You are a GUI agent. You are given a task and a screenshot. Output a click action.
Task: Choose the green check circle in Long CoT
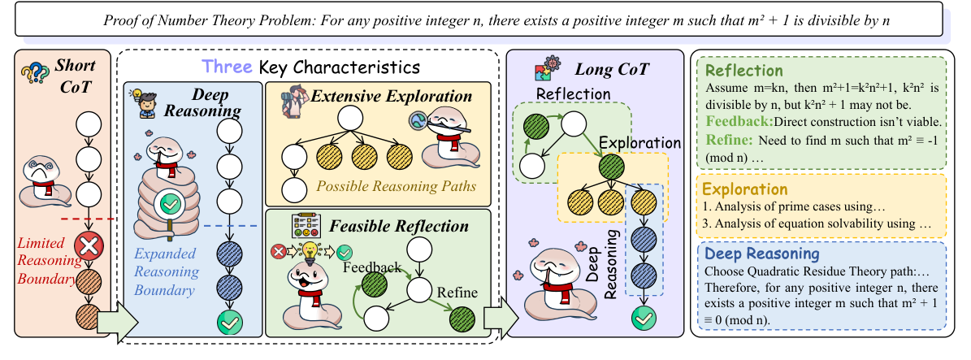[644, 319]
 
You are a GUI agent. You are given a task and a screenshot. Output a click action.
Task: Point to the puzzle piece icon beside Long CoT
[545, 72]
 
